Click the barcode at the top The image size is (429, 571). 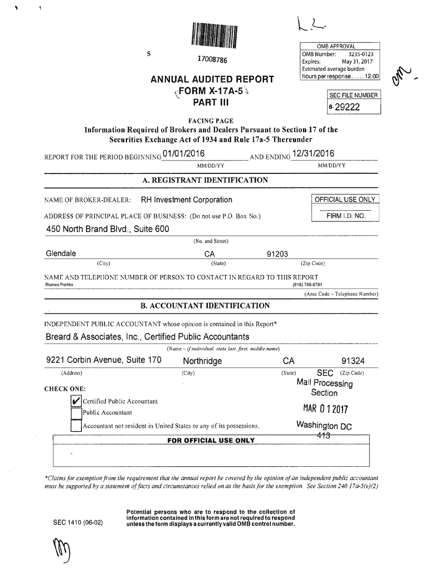214,37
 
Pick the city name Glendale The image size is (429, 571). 61,254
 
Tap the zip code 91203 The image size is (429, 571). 277,254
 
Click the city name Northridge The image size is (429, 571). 202,361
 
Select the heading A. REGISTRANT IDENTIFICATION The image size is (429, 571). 206,180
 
